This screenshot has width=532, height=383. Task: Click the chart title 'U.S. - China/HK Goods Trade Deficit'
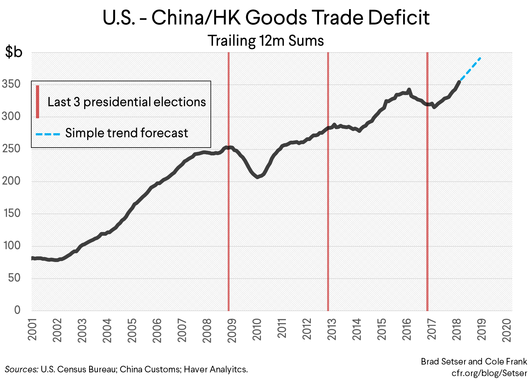pos(266,18)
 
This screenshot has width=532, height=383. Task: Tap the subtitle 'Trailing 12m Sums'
pos(266,41)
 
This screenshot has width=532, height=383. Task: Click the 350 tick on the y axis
pos(11,84)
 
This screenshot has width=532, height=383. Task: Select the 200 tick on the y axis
pos(11,181)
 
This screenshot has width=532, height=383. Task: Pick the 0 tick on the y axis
pos(17,310)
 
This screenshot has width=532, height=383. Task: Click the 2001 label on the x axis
pos(32,330)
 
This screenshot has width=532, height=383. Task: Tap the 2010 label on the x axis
pos(257,330)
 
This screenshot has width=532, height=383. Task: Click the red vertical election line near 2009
pos(229,219)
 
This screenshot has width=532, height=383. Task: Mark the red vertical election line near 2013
pos(328,219)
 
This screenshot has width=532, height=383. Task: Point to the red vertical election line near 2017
pos(427,219)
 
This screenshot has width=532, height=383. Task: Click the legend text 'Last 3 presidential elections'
pos(127,102)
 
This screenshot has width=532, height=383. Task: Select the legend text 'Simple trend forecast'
pos(127,133)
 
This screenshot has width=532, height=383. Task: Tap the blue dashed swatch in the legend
pos(48,134)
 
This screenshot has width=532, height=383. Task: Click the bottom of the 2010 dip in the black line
pos(257,177)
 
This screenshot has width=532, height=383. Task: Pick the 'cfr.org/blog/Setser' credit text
pos(489,373)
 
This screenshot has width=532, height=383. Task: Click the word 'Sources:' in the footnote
pos(21,369)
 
